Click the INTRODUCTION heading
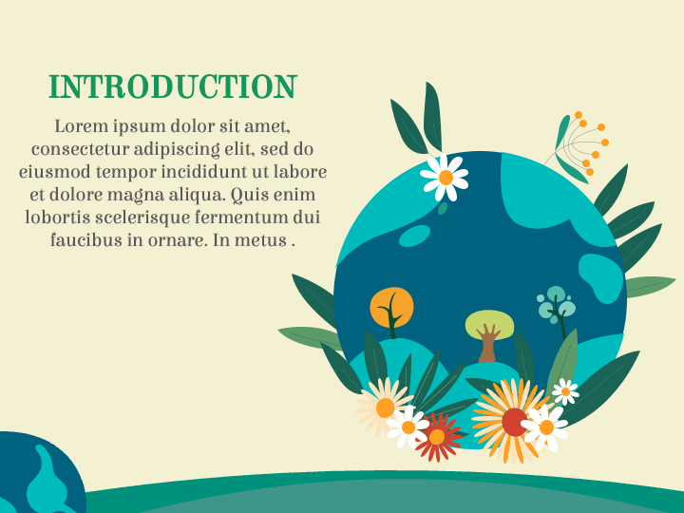[x=173, y=86]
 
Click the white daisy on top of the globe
[x=445, y=178]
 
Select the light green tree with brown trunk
[x=489, y=333]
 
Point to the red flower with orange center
[x=438, y=437]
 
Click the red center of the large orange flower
[x=515, y=422]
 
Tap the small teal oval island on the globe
[x=414, y=236]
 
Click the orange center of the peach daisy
[x=385, y=408]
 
